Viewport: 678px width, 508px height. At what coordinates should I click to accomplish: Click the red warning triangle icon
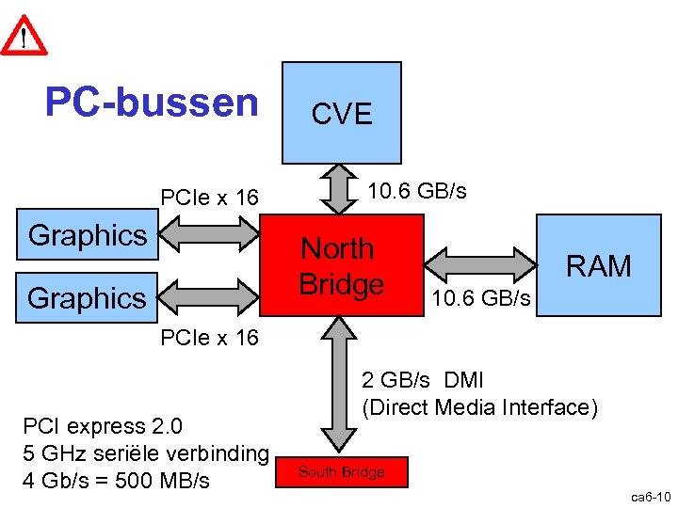(x=24, y=35)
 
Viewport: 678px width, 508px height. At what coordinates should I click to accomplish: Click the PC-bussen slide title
(x=152, y=103)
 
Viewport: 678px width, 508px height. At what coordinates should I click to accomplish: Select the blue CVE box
(x=342, y=113)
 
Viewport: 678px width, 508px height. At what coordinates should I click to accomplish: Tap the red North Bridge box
(x=342, y=265)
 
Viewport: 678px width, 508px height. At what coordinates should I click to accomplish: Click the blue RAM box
(x=598, y=266)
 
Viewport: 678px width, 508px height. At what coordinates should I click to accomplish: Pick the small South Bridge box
(x=342, y=472)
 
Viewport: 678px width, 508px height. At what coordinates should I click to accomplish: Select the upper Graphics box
(x=88, y=235)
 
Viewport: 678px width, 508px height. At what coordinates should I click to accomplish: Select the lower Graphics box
(x=88, y=298)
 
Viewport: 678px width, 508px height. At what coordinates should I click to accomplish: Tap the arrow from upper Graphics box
(x=208, y=235)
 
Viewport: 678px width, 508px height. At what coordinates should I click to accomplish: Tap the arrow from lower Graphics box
(x=208, y=297)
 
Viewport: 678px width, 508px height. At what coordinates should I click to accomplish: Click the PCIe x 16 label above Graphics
(x=209, y=198)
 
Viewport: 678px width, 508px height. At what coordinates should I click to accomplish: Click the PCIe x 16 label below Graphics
(x=209, y=338)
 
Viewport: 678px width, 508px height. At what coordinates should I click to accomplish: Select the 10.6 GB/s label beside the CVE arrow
(x=416, y=191)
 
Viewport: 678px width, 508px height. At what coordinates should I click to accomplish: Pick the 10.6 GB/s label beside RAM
(x=480, y=299)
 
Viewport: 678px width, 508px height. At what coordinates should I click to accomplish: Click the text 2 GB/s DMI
(x=423, y=381)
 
